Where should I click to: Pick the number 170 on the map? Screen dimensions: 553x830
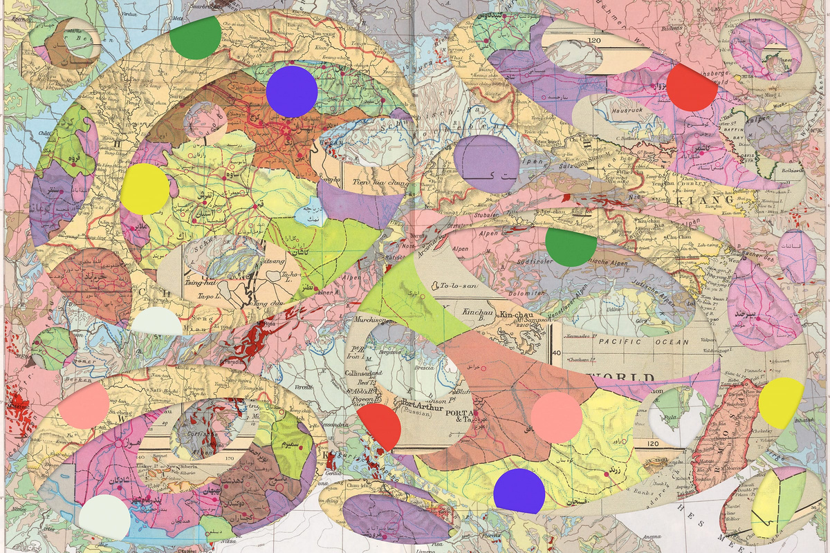225,457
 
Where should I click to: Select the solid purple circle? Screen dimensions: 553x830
291,92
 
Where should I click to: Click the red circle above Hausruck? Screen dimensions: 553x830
692,87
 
